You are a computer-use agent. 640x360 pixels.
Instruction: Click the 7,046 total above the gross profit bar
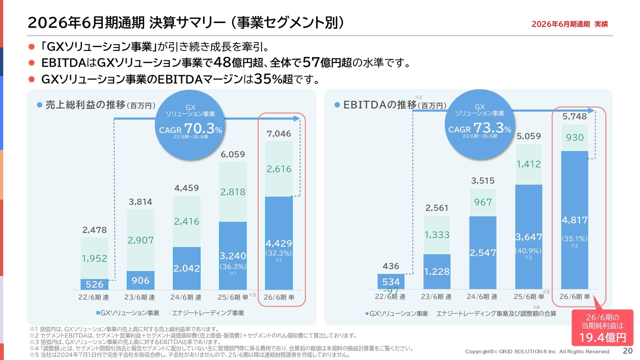[x=279, y=133]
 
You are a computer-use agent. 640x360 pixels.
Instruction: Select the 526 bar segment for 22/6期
[x=94, y=284]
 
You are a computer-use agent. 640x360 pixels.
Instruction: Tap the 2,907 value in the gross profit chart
[x=140, y=240]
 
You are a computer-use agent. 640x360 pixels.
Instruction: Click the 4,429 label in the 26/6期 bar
[x=279, y=243]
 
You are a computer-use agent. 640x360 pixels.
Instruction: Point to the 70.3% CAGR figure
[x=203, y=128]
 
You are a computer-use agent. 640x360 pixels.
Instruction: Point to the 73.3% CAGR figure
[x=492, y=127]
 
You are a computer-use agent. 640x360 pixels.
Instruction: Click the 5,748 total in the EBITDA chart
[x=574, y=116]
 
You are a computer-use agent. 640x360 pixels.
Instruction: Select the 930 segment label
[x=574, y=137]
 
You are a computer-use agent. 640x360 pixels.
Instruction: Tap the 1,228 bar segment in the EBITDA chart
[x=437, y=271]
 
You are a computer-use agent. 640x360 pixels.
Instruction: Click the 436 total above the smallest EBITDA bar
[x=391, y=266]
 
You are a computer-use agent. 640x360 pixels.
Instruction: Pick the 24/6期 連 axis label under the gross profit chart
[x=186, y=297]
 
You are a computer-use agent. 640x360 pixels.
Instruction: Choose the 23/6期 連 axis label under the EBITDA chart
[x=436, y=297]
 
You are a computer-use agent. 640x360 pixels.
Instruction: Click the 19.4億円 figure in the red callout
[x=602, y=337]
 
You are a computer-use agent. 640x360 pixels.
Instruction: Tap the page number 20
[x=627, y=350]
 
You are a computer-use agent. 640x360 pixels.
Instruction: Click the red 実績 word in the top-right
[x=601, y=24]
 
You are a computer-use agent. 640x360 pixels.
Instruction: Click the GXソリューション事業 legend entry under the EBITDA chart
[x=397, y=313]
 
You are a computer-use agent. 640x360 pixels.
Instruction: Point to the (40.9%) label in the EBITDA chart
[x=528, y=251]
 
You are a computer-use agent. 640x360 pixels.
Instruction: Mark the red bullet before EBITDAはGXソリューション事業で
[x=31, y=63]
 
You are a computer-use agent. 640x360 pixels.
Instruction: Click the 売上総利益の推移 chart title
[x=85, y=105]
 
